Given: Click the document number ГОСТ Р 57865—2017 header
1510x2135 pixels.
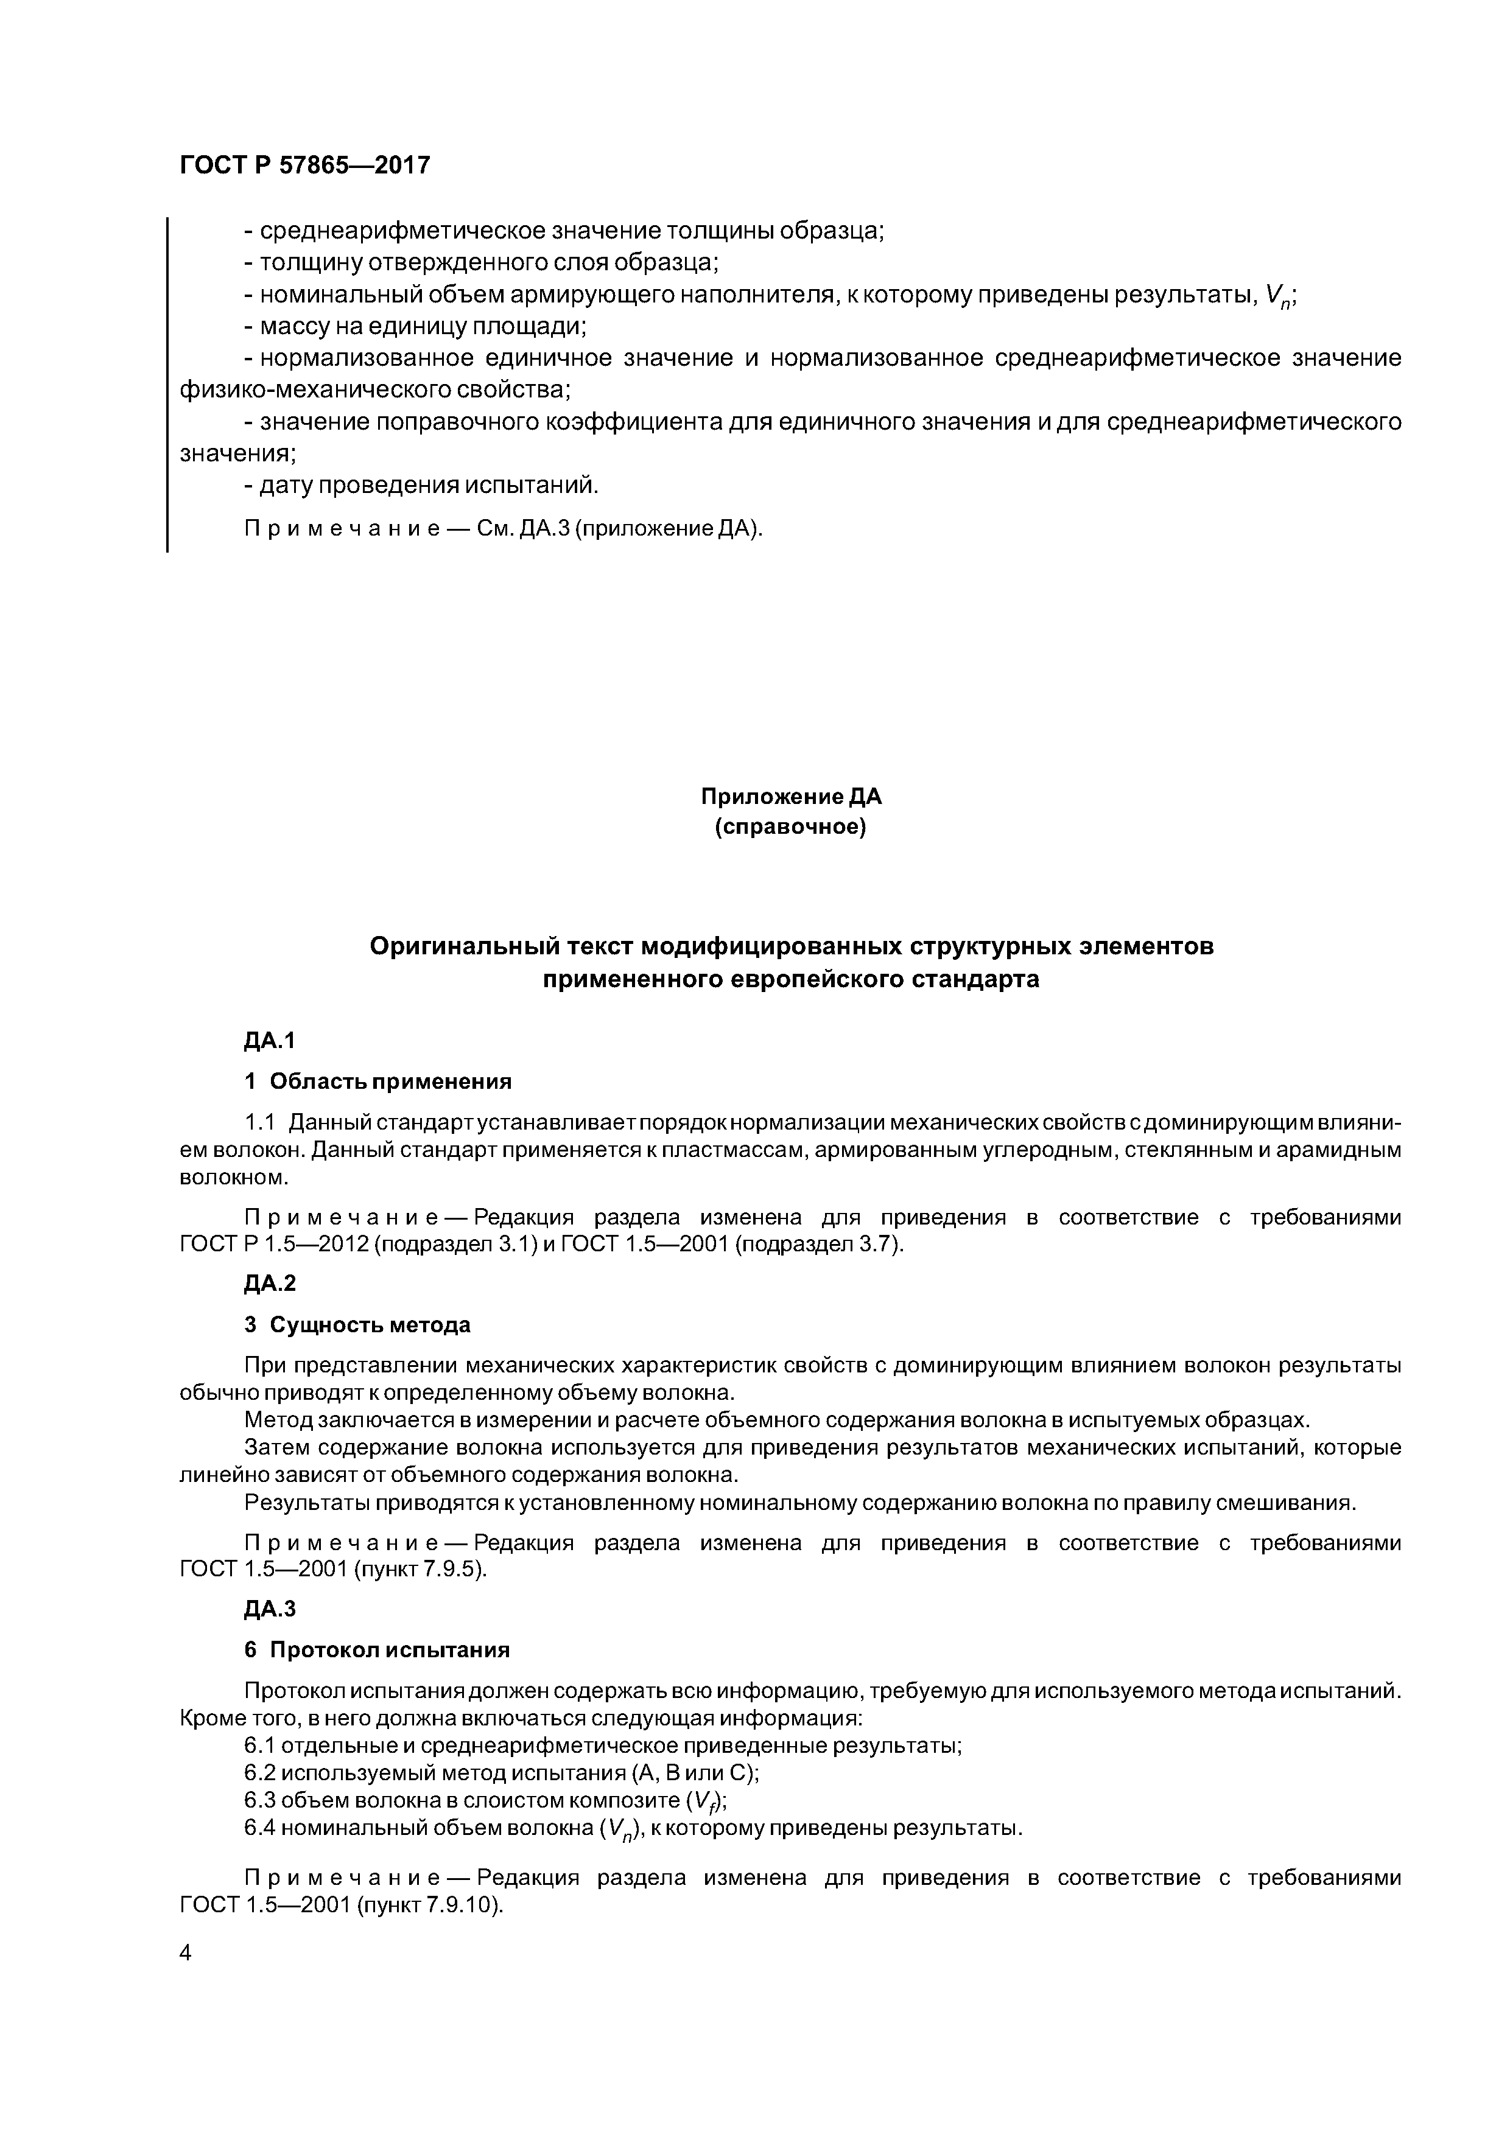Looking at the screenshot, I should (304, 166).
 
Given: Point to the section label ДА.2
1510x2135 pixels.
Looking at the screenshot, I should (269, 1283).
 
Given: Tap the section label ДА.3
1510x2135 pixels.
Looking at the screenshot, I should (269, 1608).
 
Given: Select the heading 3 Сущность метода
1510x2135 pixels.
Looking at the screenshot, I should (357, 1324).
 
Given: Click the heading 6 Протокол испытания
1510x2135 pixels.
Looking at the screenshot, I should (377, 1649).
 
